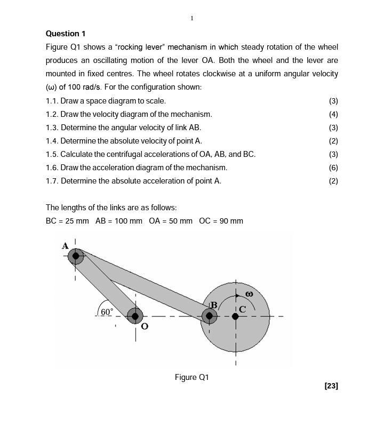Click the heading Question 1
click(x=66, y=34)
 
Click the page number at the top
click(x=192, y=18)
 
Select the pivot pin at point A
click(x=76, y=256)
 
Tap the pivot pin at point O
click(x=135, y=316)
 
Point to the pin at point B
click(x=209, y=316)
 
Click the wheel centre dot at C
click(x=236, y=316)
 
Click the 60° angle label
click(x=107, y=312)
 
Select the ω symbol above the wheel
click(x=249, y=293)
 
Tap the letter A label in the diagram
click(x=65, y=246)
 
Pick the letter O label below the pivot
click(x=144, y=326)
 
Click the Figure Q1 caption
click(x=192, y=377)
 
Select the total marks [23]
click(x=331, y=386)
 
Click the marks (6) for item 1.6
click(x=333, y=168)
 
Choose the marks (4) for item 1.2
click(x=333, y=114)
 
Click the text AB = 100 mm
click(x=119, y=221)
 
